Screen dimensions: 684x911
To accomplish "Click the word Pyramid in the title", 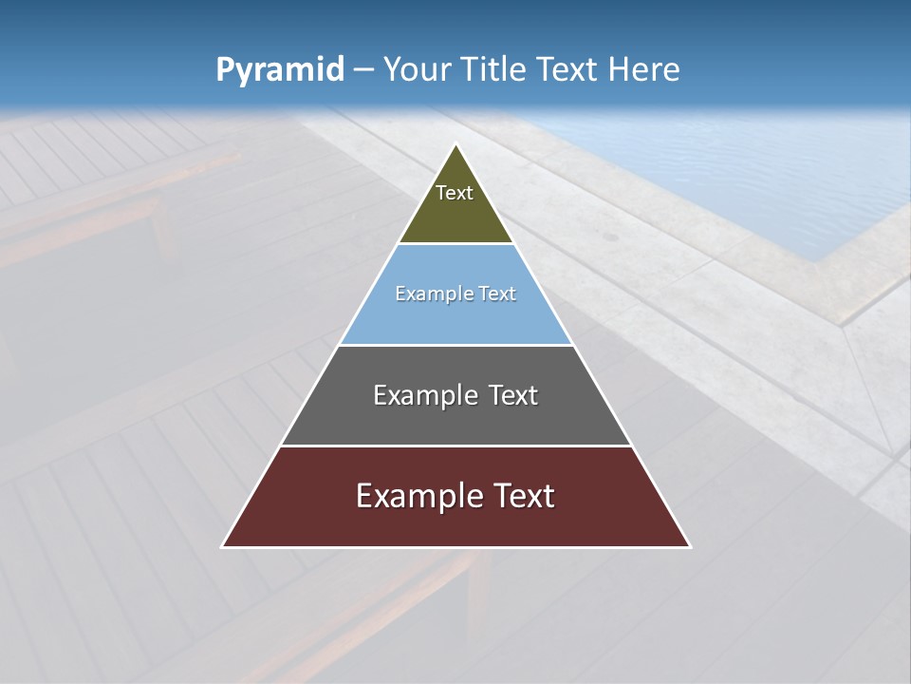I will point(279,70).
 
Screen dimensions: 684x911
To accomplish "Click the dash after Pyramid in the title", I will point(363,70).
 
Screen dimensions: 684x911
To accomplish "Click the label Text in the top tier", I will point(455,193).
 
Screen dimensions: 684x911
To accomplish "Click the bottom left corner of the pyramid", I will point(222,546).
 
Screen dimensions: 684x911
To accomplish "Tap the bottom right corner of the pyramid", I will point(690,546).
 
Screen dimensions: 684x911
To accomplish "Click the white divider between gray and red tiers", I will point(455,446).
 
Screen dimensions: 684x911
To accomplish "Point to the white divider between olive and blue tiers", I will point(455,244).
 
